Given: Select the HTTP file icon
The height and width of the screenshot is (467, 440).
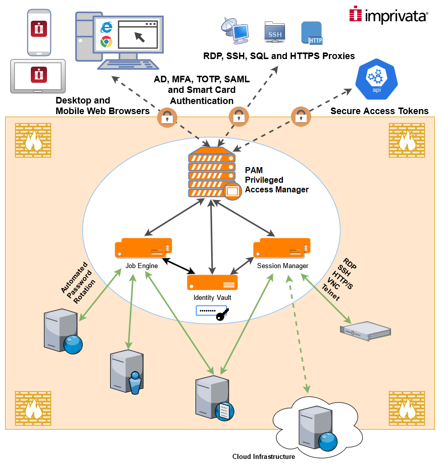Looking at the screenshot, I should (312, 33).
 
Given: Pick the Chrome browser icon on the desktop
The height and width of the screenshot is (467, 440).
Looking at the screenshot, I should (106, 42).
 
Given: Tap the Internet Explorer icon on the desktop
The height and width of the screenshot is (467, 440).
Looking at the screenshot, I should (106, 27).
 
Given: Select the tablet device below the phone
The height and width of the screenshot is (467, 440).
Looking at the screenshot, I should (38, 76).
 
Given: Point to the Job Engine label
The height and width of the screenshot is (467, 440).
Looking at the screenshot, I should (141, 266).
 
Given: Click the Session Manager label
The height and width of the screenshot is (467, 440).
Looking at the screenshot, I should (282, 266).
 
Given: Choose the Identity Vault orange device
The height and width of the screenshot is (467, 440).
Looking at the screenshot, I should (212, 281).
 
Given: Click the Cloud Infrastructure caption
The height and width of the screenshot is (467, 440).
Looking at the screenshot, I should (263, 456).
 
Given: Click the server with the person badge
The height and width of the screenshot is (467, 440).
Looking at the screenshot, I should (126, 371).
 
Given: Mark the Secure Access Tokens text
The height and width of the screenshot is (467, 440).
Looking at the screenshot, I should (379, 111).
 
